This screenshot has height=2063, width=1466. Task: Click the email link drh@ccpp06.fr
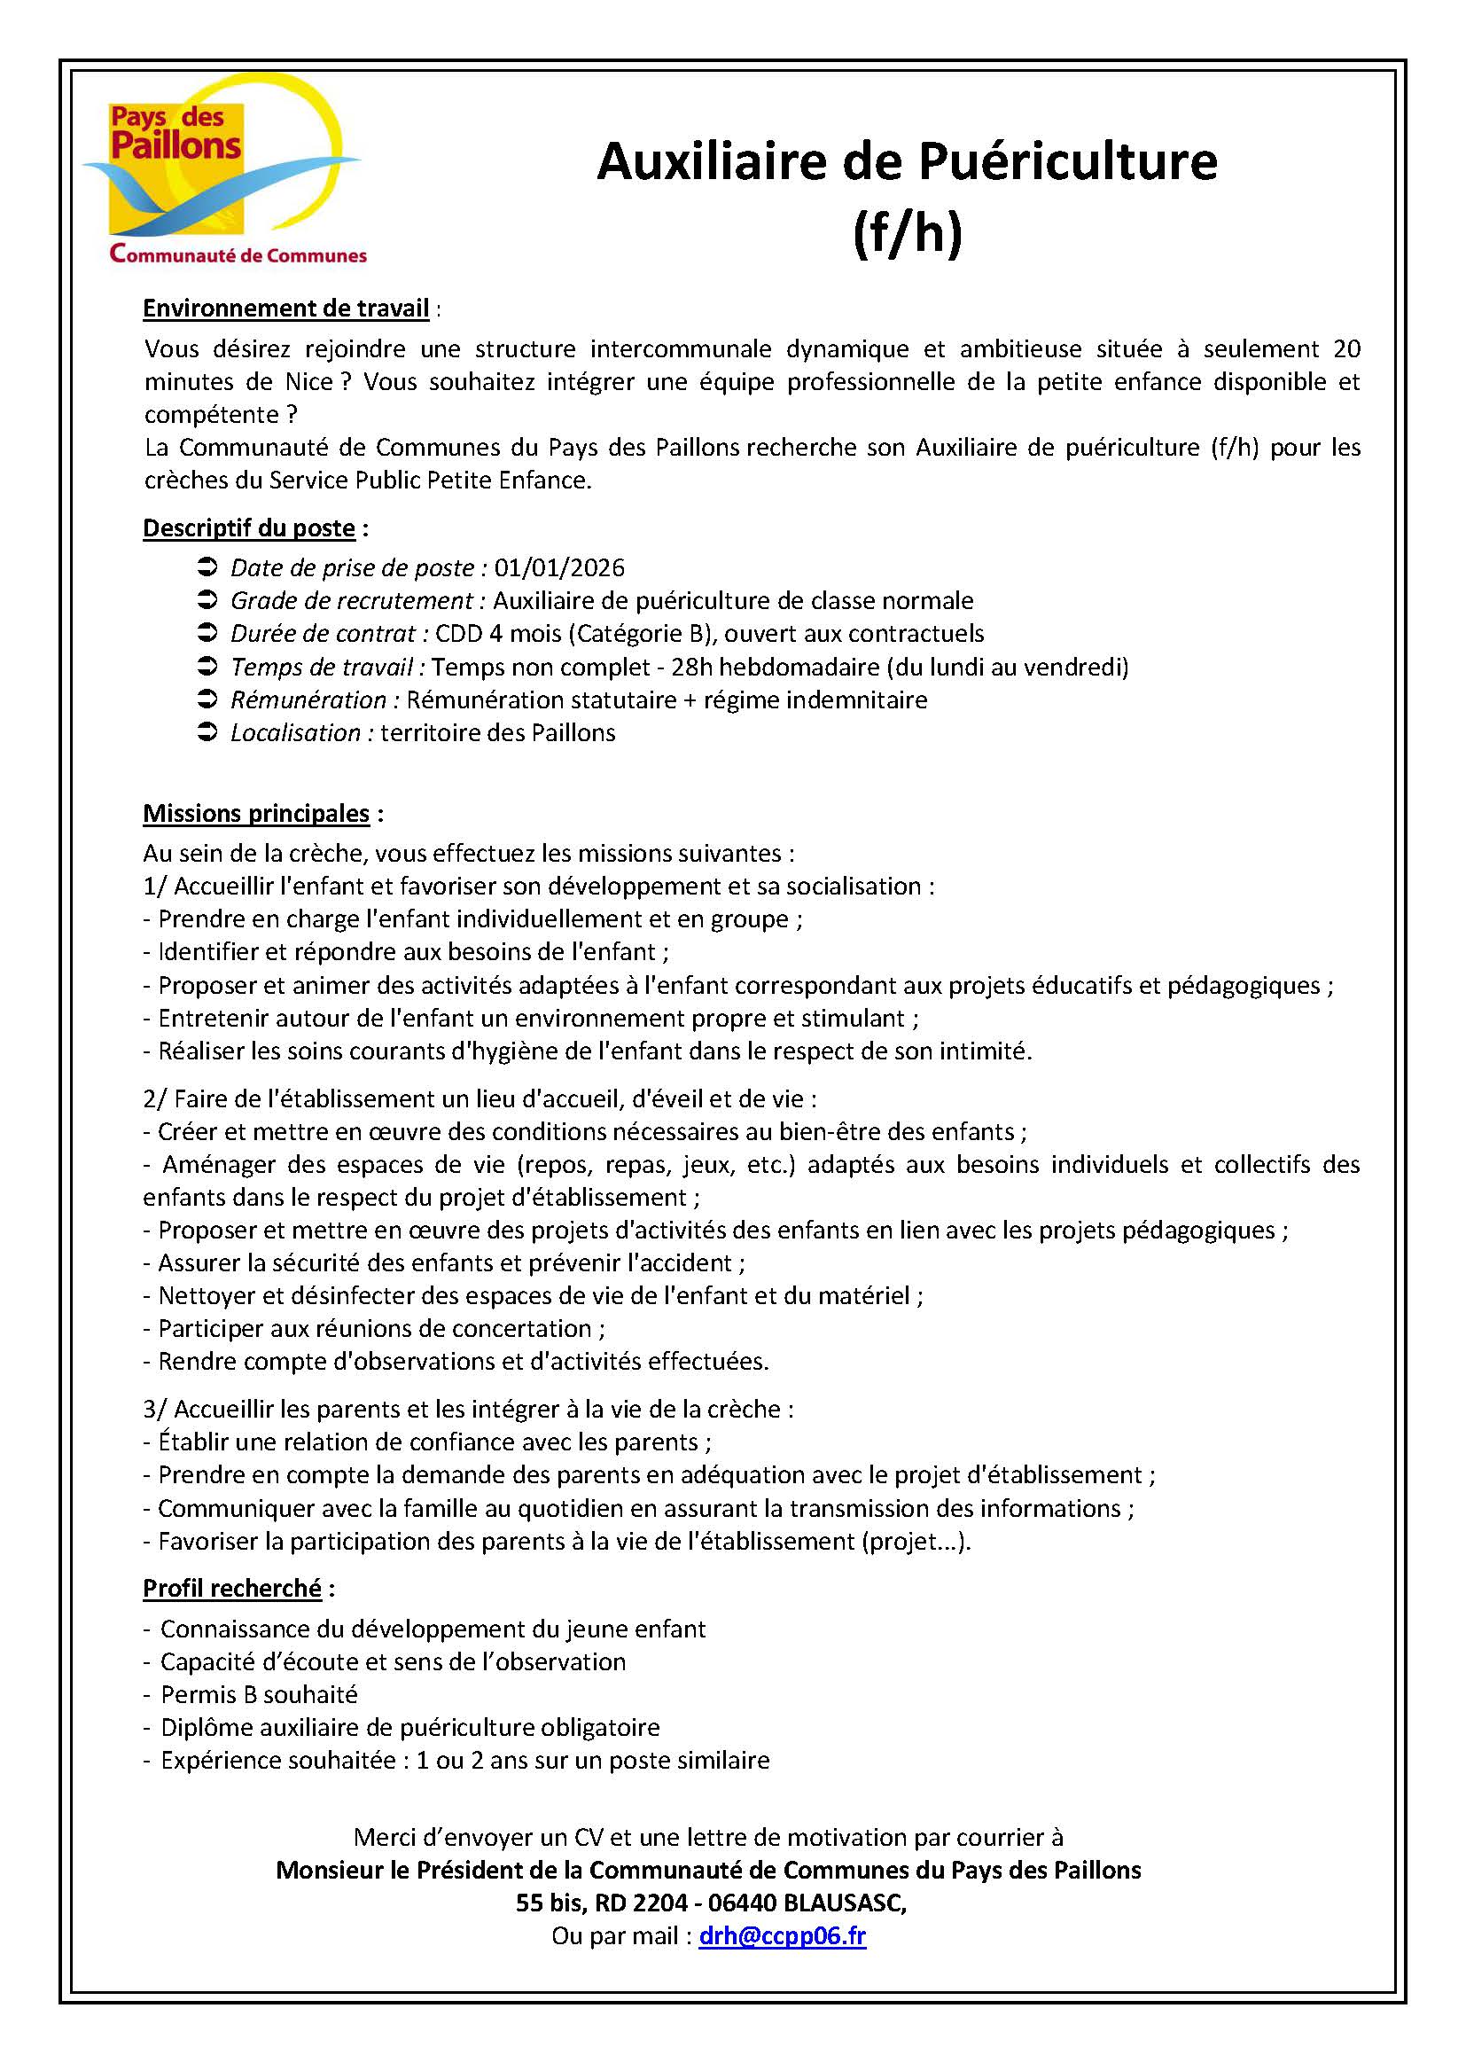pos(782,1935)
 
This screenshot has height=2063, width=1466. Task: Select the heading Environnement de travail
pos(285,309)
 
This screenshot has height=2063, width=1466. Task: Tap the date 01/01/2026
pos(559,568)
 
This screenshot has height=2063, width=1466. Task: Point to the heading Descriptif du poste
pos(249,528)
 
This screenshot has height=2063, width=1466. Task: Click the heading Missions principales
pos(256,814)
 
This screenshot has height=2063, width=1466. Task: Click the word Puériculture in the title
pos(1068,162)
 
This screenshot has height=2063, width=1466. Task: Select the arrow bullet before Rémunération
pos(207,699)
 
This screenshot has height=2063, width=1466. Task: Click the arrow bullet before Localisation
pos(207,732)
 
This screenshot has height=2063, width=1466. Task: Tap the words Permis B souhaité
pos(259,1695)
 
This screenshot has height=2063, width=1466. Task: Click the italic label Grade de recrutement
pos(351,601)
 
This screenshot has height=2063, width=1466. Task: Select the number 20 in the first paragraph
pos(1346,349)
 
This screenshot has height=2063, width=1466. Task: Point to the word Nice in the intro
pos(309,382)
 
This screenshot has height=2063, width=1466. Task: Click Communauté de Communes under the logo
pos(238,255)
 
